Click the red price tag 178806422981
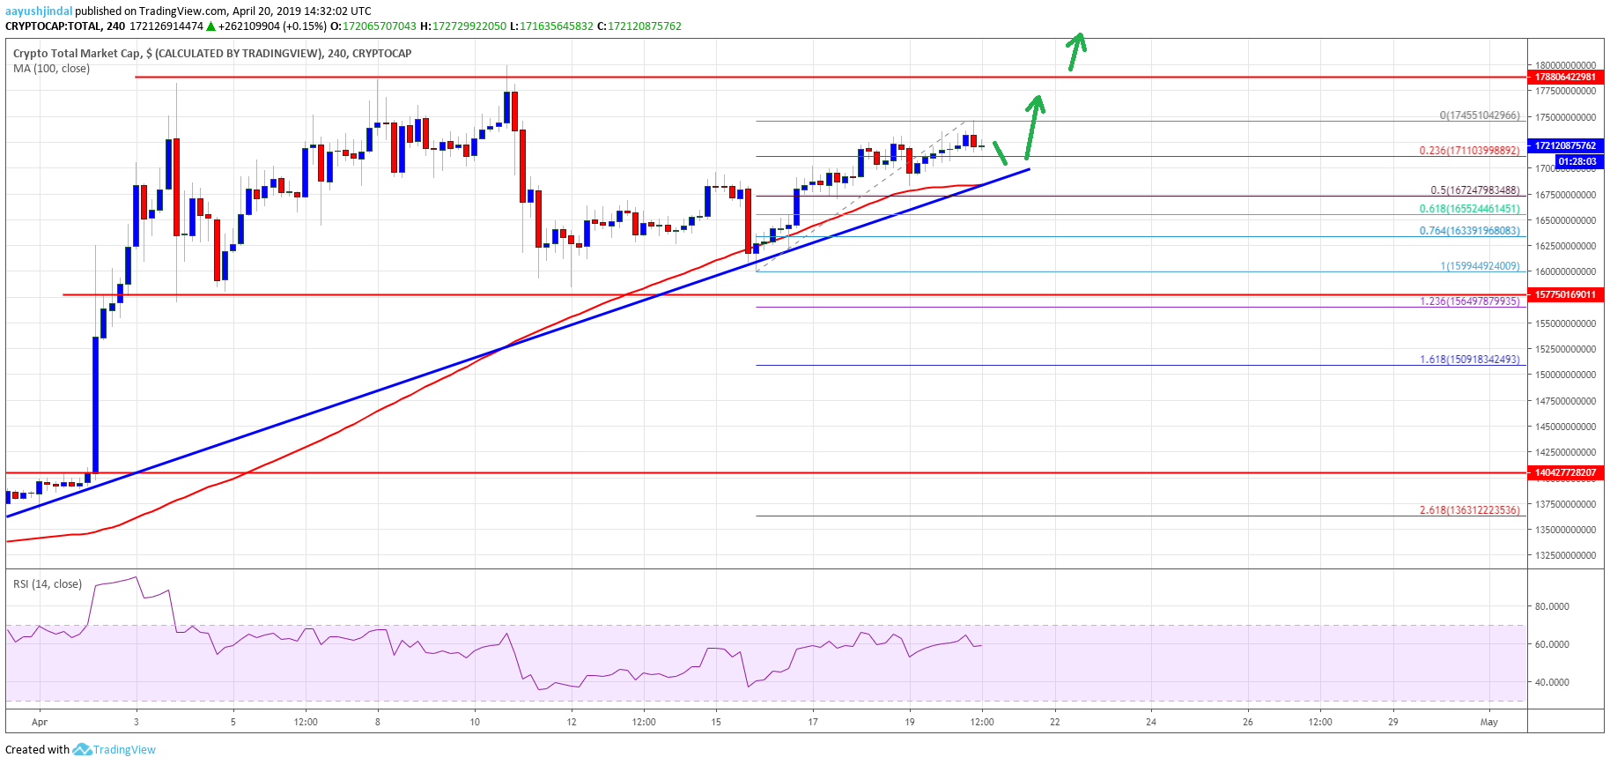(x=1565, y=77)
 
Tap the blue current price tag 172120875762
(x=1565, y=145)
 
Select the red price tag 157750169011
(x=1565, y=294)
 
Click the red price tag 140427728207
(x=1565, y=472)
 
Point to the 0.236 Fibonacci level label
(x=1469, y=151)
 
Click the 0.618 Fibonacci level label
(x=1469, y=209)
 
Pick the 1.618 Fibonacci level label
(x=1469, y=360)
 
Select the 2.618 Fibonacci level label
(x=1469, y=510)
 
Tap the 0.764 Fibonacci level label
(x=1469, y=231)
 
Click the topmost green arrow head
(x=1077, y=40)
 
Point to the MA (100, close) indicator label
(x=51, y=69)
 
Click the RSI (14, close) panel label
(x=48, y=584)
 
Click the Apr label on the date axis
(x=40, y=722)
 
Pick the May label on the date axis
(x=1488, y=722)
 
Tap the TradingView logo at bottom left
(x=114, y=750)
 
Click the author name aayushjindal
(x=39, y=11)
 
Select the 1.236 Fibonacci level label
(x=1469, y=301)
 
